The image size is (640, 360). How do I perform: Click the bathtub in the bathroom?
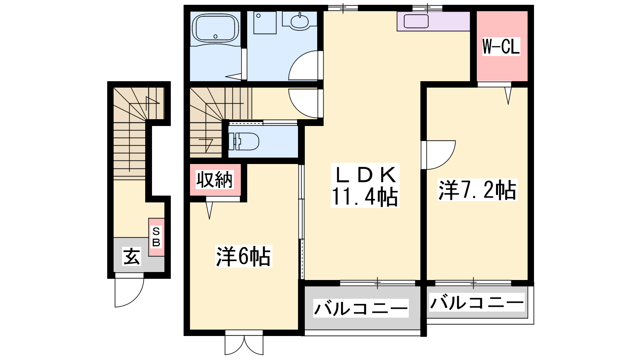click(216, 28)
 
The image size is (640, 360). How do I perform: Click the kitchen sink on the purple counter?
click(416, 21)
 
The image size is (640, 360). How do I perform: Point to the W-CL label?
click(501, 46)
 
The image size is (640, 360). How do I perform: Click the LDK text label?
click(365, 174)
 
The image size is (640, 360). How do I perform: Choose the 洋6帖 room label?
click(244, 256)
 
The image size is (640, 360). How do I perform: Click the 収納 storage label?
click(214, 180)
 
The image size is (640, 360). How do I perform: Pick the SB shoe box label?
click(156, 236)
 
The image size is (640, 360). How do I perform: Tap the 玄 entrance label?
click(132, 256)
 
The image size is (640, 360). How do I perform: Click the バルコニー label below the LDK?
click(361, 308)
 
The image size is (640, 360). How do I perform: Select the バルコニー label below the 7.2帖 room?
click(477, 302)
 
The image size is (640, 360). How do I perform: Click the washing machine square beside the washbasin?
click(265, 23)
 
